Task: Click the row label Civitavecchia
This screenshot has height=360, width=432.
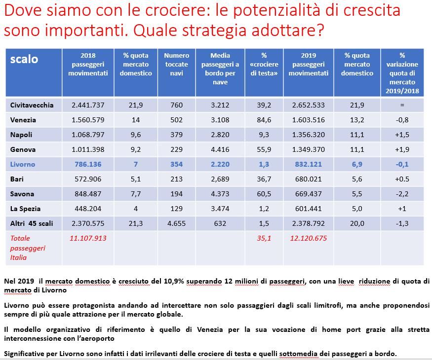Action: [x=32, y=105]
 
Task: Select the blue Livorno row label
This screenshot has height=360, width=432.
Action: [x=23, y=164]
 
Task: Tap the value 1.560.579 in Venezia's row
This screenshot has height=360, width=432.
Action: [x=88, y=120]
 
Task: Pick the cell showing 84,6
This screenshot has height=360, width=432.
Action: [x=264, y=120]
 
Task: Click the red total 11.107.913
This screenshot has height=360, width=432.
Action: [x=88, y=238]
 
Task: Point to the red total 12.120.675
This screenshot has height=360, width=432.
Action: [x=308, y=238]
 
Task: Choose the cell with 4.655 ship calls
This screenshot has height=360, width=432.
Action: [x=176, y=223]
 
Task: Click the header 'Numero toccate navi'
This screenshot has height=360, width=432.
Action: [x=176, y=64]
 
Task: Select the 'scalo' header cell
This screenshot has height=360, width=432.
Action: [x=24, y=59]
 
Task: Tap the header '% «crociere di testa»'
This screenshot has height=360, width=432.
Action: [x=264, y=64]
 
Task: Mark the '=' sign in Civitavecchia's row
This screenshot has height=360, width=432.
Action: [x=402, y=105]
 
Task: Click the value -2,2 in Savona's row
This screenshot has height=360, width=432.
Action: [x=402, y=194]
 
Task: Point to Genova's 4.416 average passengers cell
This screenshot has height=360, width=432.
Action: [x=220, y=149]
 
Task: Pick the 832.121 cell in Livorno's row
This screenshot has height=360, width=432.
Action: [x=308, y=164]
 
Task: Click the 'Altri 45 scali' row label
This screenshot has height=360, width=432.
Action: [x=32, y=223]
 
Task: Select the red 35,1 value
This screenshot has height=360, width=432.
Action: [x=264, y=238]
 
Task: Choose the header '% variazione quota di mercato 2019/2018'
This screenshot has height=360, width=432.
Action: [x=402, y=73]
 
